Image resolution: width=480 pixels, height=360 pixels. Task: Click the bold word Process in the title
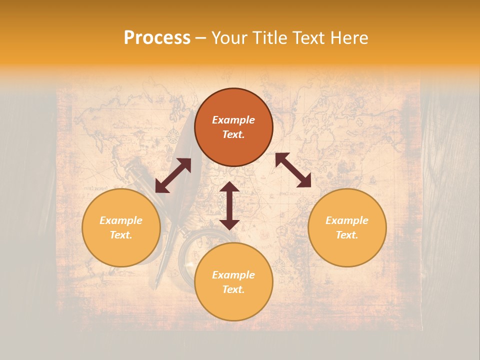point(157,38)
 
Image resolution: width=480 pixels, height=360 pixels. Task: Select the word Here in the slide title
point(348,38)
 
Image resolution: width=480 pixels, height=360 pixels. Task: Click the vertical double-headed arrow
point(229,205)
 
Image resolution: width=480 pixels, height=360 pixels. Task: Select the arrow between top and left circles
point(173,175)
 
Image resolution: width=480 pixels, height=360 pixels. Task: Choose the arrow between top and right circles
point(293,170)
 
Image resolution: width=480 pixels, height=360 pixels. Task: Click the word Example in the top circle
point(233,120)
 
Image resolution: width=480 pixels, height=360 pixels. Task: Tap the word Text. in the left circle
point(121,235)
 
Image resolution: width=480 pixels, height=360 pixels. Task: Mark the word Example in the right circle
point(347,220)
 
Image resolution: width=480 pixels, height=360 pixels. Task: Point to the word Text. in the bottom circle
point(233,289)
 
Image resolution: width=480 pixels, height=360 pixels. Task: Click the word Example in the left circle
point(121,220)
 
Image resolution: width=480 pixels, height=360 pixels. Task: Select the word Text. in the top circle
point(233,134)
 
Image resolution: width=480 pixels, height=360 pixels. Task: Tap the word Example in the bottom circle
point(233,275)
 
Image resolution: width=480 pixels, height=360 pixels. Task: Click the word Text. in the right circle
point(347,235)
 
